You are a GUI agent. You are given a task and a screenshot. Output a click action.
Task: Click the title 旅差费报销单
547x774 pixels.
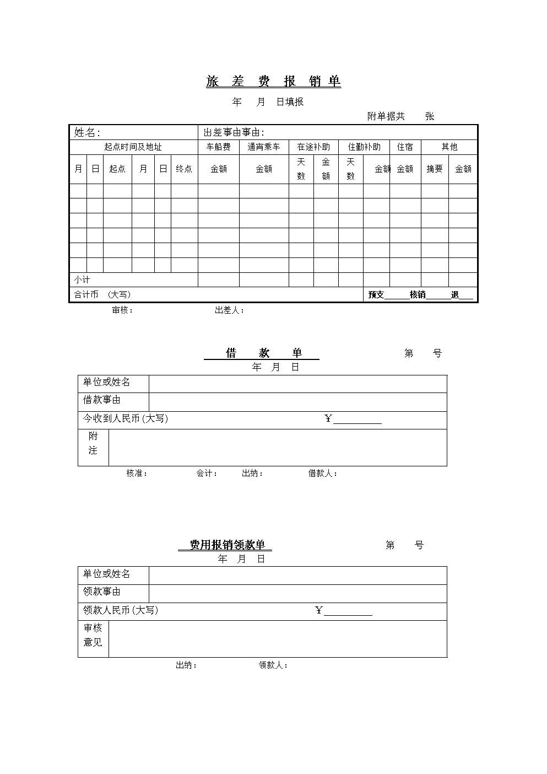(x=273, y=82)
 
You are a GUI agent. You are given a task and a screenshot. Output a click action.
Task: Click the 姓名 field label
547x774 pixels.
(x=87, y=132)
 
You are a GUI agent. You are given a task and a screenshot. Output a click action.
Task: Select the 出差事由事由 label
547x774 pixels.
(x=234, y=132)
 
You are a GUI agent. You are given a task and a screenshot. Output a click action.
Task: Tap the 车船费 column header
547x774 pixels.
(x=219, y=147)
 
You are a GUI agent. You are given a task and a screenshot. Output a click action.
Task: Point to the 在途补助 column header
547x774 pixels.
(x=313, y=147)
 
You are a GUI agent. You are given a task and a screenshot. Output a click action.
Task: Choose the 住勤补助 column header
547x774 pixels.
(x=364, y=147)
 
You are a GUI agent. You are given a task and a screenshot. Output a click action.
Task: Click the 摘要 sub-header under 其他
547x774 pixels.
(x=435, y=169)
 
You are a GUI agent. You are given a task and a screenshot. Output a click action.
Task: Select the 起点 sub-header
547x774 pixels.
(x=117, y=169)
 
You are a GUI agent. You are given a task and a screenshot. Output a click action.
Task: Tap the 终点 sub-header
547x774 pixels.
(x=184, y=169)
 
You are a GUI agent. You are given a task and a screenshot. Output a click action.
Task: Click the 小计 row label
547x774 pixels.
(x=82, y=280)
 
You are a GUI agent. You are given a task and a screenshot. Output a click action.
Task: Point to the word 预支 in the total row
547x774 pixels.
(x=376, y=295)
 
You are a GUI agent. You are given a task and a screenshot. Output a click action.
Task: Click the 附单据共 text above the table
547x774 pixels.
(x=386, y=116)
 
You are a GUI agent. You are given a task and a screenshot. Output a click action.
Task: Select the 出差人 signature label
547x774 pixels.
(x=229, y=310)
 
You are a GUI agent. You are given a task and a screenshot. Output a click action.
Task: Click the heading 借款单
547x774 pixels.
(x=263, y=353)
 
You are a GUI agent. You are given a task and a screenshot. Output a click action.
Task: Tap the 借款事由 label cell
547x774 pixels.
(x=102, y=400)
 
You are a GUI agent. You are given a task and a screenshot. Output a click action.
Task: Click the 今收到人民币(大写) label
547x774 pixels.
(x=126, y=419)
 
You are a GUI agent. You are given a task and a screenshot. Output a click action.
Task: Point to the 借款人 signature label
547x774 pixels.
(x=322, y=474)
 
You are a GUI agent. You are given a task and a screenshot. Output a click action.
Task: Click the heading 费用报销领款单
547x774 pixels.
(x=227, y=545)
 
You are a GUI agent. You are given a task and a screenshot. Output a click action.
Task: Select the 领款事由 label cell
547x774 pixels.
(x=102, y=592)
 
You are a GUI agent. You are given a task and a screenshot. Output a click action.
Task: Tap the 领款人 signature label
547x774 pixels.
(x=273, y=665)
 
